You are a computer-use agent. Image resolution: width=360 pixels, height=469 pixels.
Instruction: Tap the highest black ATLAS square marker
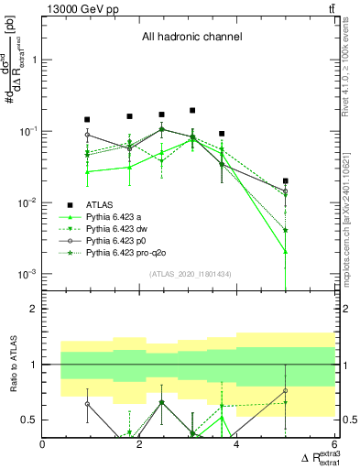pos(192,110)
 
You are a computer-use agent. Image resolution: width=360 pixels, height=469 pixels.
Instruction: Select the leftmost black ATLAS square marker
pos(87,119)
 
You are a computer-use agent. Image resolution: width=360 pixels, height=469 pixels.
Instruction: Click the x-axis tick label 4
pos(237,444)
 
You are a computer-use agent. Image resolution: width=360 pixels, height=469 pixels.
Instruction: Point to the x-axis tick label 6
pos(334,444)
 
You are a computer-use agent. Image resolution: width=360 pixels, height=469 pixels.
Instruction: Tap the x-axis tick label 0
pos(43,444)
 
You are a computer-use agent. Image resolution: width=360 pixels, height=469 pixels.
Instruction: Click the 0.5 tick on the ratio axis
pos(30,420)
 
